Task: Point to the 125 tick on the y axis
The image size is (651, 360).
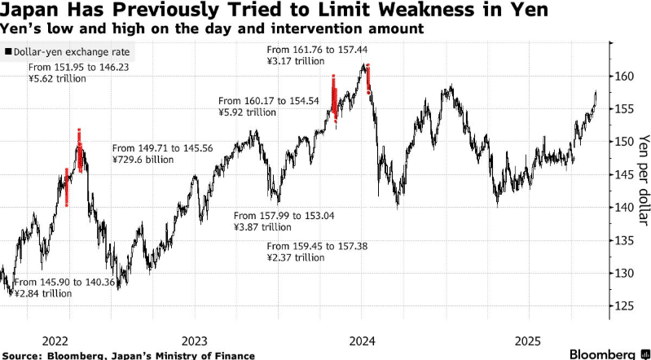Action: (623, 306)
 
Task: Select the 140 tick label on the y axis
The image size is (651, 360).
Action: (623, 208)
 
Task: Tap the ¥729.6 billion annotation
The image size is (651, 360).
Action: (147, 160)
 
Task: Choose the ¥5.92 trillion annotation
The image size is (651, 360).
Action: (248, 113)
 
